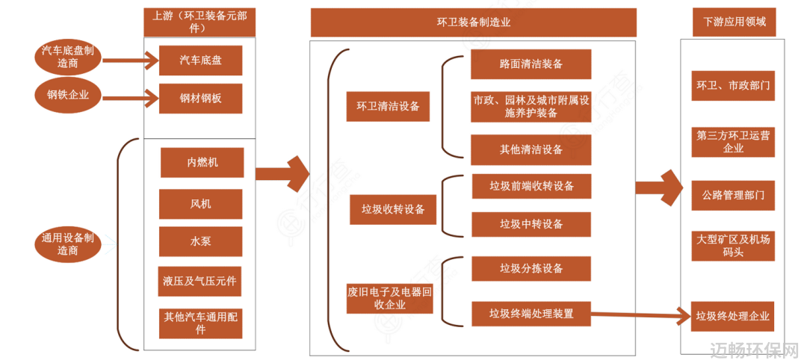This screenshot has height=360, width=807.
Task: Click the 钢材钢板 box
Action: tap(201, 99)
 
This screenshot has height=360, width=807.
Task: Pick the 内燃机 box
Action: tap(202, 163)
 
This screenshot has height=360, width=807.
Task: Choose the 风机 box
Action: tap(201, 204)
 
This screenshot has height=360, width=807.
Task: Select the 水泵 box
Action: tap(201, 241)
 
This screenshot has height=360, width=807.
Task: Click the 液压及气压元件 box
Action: tap(200, 282)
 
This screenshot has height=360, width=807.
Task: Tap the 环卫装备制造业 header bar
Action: tap(473, 22)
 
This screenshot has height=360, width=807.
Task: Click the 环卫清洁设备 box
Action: tap(388, 107)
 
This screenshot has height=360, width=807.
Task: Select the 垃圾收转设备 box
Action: tap(393, 209)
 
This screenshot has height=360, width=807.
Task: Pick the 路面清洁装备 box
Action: tap(531, 64)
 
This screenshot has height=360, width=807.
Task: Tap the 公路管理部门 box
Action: tap(734, 196)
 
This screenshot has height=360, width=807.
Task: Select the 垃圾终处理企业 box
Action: tap(734, 316)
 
